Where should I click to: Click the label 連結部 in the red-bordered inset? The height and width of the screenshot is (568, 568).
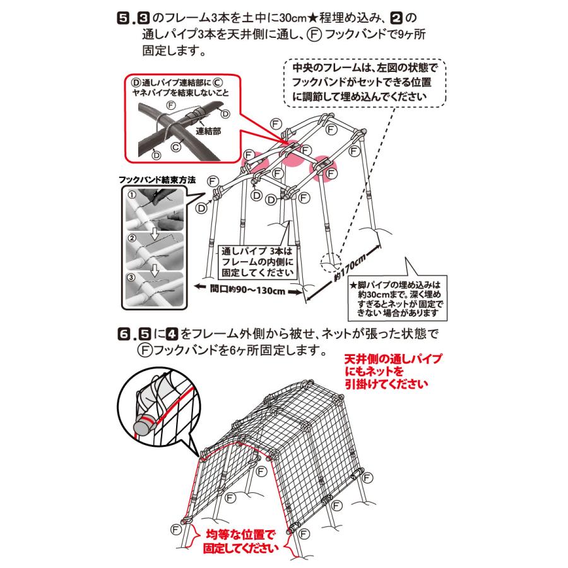click(x=206, y=131)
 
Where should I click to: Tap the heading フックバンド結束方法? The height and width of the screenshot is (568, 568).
click(x=157, y=179)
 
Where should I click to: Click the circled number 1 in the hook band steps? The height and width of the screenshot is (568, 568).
click(x=132, y=195)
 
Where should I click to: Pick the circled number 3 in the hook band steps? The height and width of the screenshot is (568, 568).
click(x=132, y=276)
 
